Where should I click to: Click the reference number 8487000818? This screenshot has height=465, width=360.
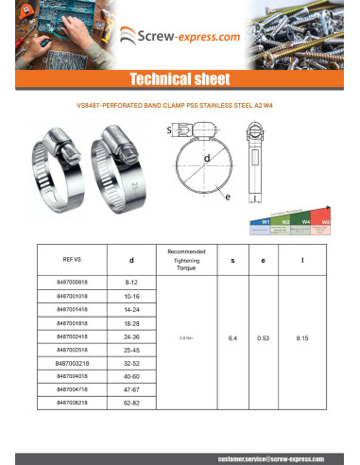pyautogui.click(x=73, y=283)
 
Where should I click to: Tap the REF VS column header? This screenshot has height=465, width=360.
pyautogui.click(x=73, y=257)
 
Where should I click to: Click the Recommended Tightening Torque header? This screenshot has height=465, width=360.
pyautogui.click(x=185, y=257)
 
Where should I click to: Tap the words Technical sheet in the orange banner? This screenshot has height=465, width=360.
pyautogui.click(x=180, y=78)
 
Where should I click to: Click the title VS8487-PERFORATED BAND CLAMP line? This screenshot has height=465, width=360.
pyautogui.click(x=180, y=106)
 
